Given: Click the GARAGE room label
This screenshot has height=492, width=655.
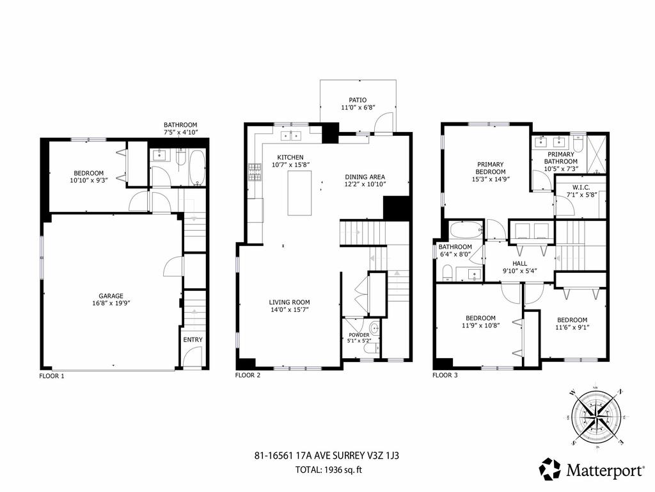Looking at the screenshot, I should (x=111, y=296).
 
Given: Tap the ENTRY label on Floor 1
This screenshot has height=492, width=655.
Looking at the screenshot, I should (x=193, y=340).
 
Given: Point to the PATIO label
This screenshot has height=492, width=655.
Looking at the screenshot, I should (x=358, y=100).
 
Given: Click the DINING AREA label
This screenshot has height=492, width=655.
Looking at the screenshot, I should (x=365, y=177).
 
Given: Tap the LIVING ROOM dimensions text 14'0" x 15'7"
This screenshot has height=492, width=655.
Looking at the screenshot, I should (x=288, y=310).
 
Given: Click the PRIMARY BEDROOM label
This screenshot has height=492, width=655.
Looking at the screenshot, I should (x=491, y=164).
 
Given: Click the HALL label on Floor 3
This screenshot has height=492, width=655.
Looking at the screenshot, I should (x=519, y=263).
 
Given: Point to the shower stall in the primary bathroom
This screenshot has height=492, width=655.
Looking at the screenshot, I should (x=597, y=154).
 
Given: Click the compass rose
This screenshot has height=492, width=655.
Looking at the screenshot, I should (x=596, y=416).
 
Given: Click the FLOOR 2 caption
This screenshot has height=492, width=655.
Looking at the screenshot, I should (x=248, y=375).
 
